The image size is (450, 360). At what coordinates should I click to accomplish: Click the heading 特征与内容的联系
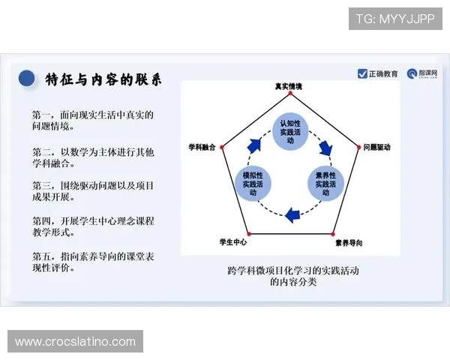tap(103, 79)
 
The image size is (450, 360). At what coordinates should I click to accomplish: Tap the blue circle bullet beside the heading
tap(27, 79)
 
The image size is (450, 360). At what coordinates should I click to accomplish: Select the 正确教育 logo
tap(378, 73)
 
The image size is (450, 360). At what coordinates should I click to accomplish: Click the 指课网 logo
tap(422, 73)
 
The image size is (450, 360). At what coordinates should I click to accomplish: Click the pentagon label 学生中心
tap(233, 242)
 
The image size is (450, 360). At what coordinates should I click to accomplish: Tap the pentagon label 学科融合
tap(201, 148)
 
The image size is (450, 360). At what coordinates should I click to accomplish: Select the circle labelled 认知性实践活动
tap(289, 127)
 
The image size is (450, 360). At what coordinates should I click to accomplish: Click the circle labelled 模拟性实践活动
tap(254, 183)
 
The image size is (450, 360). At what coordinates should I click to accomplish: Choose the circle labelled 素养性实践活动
tap(324, 183)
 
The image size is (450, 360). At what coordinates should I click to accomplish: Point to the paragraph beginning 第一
tap(92, 121)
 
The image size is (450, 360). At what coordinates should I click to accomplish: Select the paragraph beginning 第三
tap(92, 191)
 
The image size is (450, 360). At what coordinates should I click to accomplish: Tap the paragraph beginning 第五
tap(92, 262)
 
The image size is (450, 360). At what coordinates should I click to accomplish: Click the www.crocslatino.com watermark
tap(75, 342)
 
